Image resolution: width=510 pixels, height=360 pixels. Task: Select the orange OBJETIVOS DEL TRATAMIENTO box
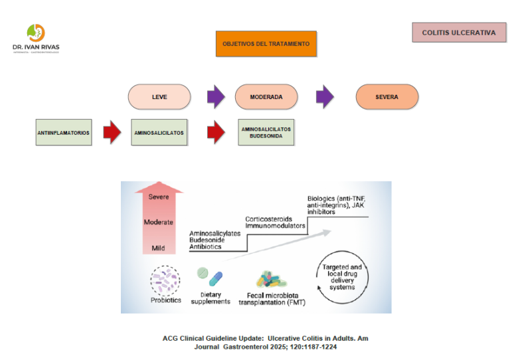click(266, 43)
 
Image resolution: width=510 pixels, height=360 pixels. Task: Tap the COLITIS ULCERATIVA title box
click(459, 33)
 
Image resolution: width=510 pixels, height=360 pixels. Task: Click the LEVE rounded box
click(159, 97)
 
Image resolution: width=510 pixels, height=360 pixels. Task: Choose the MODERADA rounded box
click(266, 97)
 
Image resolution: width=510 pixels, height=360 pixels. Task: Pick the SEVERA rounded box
click(386, 97)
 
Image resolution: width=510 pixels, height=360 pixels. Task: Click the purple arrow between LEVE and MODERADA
click(216, 97)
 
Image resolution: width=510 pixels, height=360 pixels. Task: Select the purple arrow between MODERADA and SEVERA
click(325, 97)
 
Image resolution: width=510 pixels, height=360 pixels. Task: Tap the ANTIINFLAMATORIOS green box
click(64, 132)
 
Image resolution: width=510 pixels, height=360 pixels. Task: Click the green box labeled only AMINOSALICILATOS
click(159, 132)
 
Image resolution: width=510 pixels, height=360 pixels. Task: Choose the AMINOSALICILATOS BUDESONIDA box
click(266, 132)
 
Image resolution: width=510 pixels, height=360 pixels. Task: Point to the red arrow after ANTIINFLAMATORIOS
click(112, 132)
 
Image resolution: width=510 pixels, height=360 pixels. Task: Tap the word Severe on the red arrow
click(158, 197)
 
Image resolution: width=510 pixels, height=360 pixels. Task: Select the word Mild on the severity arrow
click(158, 248)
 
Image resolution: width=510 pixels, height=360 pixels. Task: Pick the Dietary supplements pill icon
click(211, 278)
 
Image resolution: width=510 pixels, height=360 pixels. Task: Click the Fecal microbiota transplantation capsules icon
click(272, 280)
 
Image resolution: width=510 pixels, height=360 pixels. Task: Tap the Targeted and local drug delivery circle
click(341, 277)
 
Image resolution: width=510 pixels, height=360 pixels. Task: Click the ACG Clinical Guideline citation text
click(266, 342)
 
